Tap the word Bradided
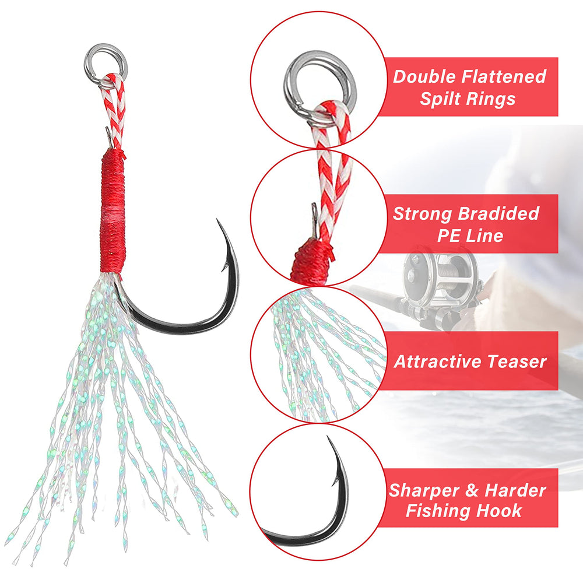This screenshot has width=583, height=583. (498, 213)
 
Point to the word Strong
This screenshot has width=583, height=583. (423, 213)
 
